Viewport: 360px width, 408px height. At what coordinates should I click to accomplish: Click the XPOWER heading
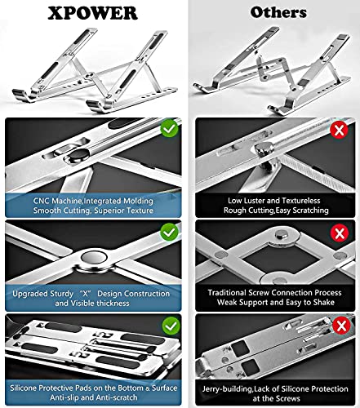(x=92, y=13)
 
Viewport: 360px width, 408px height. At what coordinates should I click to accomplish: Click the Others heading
(x=278, y=12)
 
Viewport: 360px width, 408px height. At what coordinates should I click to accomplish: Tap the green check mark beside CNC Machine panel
(x=169, y=128)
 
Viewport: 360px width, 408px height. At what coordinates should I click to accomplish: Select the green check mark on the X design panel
(x=169, y=232)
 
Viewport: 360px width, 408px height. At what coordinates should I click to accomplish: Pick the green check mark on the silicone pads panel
(x=171, y=326)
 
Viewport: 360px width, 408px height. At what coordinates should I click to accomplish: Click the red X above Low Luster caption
(x=339, y=130)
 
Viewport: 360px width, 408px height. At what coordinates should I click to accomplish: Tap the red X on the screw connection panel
(x=340, y=233)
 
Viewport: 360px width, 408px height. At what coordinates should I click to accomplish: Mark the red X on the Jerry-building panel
(x=341, y=326)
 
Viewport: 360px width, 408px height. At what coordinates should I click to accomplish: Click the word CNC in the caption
(x=42, y=201)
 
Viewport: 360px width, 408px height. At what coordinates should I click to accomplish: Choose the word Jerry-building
(x=227, y=389)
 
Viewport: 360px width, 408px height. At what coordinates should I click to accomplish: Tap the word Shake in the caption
(x=324, y=302)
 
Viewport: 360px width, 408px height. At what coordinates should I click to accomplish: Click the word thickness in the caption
(x=110, y=304)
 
